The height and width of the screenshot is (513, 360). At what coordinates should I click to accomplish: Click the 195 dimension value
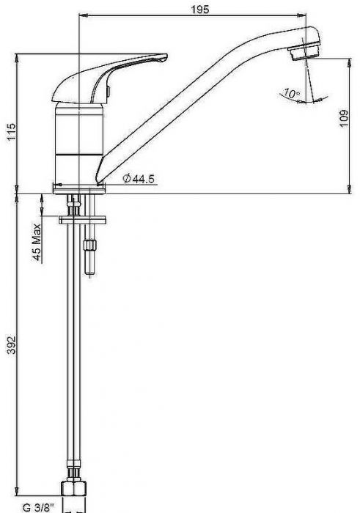click(200, 9)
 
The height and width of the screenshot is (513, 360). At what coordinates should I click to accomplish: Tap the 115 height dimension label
click(12, 131)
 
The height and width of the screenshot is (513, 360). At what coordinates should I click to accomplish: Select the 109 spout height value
click(344, 119)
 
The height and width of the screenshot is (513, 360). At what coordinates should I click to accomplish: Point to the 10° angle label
click(291, 93)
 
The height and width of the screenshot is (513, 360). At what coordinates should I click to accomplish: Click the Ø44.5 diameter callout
click(139, 179)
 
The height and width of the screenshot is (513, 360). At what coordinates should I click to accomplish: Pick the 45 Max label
click(37, 243)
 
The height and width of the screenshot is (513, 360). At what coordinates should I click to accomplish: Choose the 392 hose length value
click(12, 344)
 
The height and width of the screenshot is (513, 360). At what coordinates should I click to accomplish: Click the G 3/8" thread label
click(37, 508)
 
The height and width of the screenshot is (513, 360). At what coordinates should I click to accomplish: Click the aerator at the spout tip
click(304, 52)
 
